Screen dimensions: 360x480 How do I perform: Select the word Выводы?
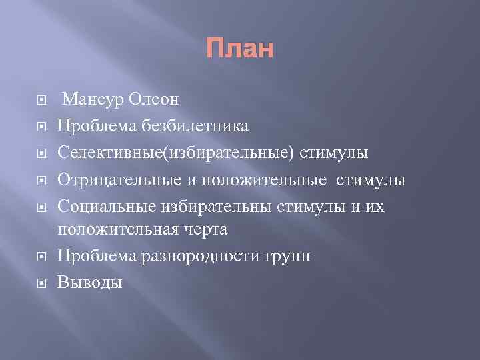[x=90, y=282]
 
